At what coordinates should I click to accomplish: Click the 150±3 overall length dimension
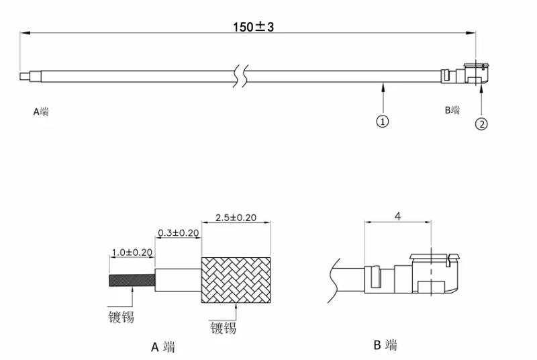pyautogui.click(x=254, y=27)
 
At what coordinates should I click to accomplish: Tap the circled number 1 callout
pyautogui.click(x=383, y=121)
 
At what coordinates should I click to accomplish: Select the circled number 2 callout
pyautogui.click(x=482, y=124)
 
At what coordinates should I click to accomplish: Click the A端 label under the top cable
pyautogui.click(x=41, y=111)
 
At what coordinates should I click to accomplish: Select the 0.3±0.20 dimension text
pyautogui.click(x=179, y=233)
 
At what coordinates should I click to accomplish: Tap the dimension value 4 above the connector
pyautogui.click(x=397, y=216)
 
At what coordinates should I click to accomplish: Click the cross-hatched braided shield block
pyautogui.click(x=236, y=279)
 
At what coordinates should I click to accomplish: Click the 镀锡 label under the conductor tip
pyautogui.click(x=121, y=316)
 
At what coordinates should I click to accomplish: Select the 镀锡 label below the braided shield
pyautogui.click(x=223, y=328)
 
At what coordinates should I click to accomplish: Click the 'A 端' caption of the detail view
pyautogui.click(x=163, y=347)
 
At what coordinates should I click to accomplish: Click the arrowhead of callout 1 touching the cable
pyautogui.click(x=383, y=85)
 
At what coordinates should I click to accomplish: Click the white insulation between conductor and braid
pyautogui.click(x=178, y=279)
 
